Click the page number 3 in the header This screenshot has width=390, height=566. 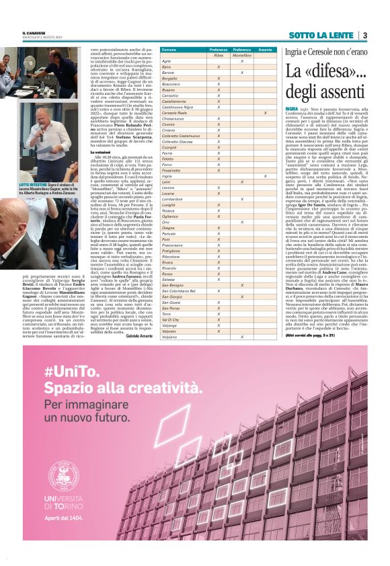coord(364,35)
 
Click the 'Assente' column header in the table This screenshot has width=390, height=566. coord(265,50)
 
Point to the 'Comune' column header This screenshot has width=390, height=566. coord(169,50)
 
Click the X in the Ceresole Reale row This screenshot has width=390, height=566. coord(265,112)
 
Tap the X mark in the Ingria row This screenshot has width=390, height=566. coord(265,176)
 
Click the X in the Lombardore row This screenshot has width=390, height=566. coord(241,199)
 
